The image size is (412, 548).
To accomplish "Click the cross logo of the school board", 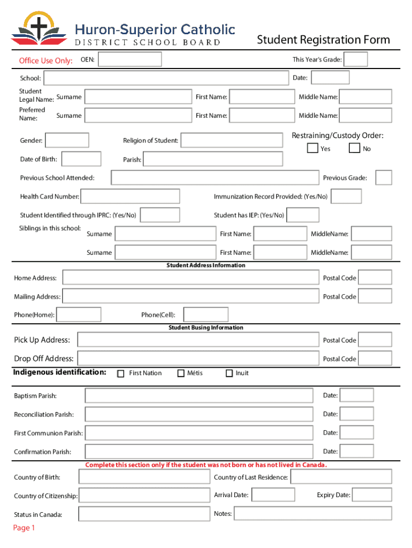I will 39,27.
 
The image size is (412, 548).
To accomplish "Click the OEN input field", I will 130,59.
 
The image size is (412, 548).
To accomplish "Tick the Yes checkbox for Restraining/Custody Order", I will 312,148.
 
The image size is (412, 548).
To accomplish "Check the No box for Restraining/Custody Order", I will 354,148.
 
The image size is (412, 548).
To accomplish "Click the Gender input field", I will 68,140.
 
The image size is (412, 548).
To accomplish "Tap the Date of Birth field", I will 81,159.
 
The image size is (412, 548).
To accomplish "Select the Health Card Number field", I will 130,196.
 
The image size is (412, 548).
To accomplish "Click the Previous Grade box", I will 383,178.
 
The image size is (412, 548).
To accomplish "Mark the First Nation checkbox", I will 121,373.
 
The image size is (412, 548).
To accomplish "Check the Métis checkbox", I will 181,373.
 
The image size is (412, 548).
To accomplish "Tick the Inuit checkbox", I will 230,373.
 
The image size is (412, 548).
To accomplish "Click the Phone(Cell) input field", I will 205,315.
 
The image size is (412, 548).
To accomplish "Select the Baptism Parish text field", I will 199,395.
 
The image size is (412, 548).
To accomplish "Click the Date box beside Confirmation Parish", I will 357,452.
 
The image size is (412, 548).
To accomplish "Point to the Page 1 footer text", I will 24,528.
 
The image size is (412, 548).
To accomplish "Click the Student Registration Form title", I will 323,40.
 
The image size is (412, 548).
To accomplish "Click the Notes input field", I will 312,514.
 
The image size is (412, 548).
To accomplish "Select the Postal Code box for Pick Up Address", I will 375,340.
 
